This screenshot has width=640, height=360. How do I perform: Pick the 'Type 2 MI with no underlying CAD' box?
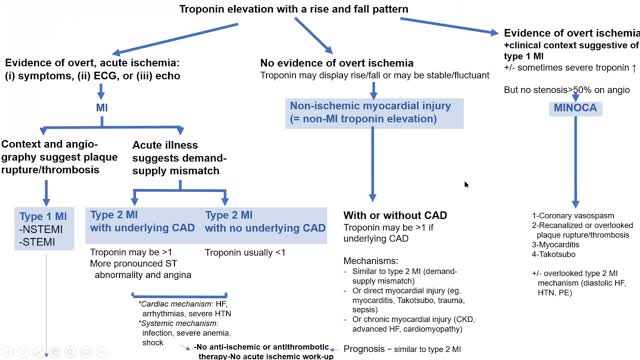(265, 220)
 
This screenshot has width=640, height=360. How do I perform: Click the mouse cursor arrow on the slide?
(466, 184)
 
